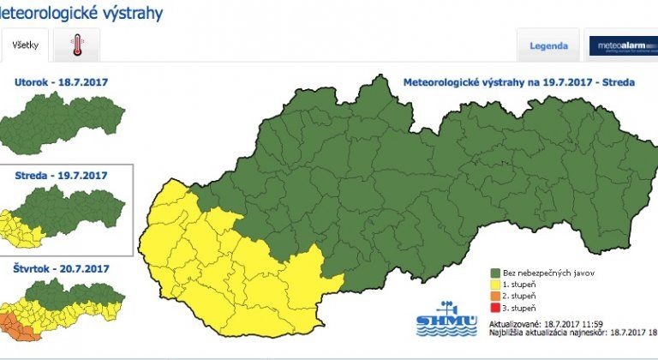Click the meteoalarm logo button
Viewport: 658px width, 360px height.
622,45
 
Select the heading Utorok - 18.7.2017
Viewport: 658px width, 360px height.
61,82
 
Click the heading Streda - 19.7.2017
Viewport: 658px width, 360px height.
61,175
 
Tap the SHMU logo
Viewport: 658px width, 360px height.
444,318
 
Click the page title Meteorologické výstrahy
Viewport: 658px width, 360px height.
81,15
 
